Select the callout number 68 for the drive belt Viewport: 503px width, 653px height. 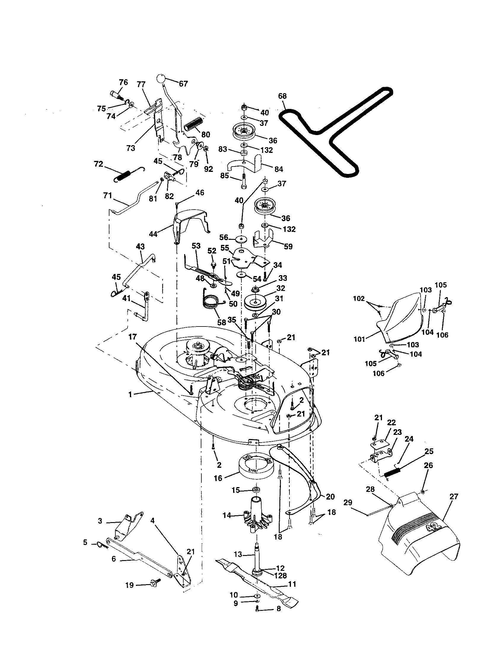pyautogui.click(x=282, y=96)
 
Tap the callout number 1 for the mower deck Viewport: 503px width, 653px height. pyautogui.click(x=130, y=395)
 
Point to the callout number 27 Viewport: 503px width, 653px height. pyautogui.click(x=454, y=497)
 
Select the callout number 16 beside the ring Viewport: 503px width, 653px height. pyautogui.click(x=218, y=478)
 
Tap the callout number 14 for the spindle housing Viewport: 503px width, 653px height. pyautogui.click(x=227, y=515)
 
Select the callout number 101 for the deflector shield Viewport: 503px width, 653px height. pyautogui.click(x=359, y=339)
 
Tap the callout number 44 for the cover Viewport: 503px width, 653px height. pyautogui.click(x=153, y=234)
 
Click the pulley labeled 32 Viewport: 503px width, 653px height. pyautogui.click(x=256, y=302)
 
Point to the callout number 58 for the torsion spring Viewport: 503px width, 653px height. pyautogui.click(x=222, y=323)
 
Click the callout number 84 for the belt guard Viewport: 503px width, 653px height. pyautogui.click(x=279, y=169)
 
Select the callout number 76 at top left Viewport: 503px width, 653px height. pyautogui.click(x=123, y=82)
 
